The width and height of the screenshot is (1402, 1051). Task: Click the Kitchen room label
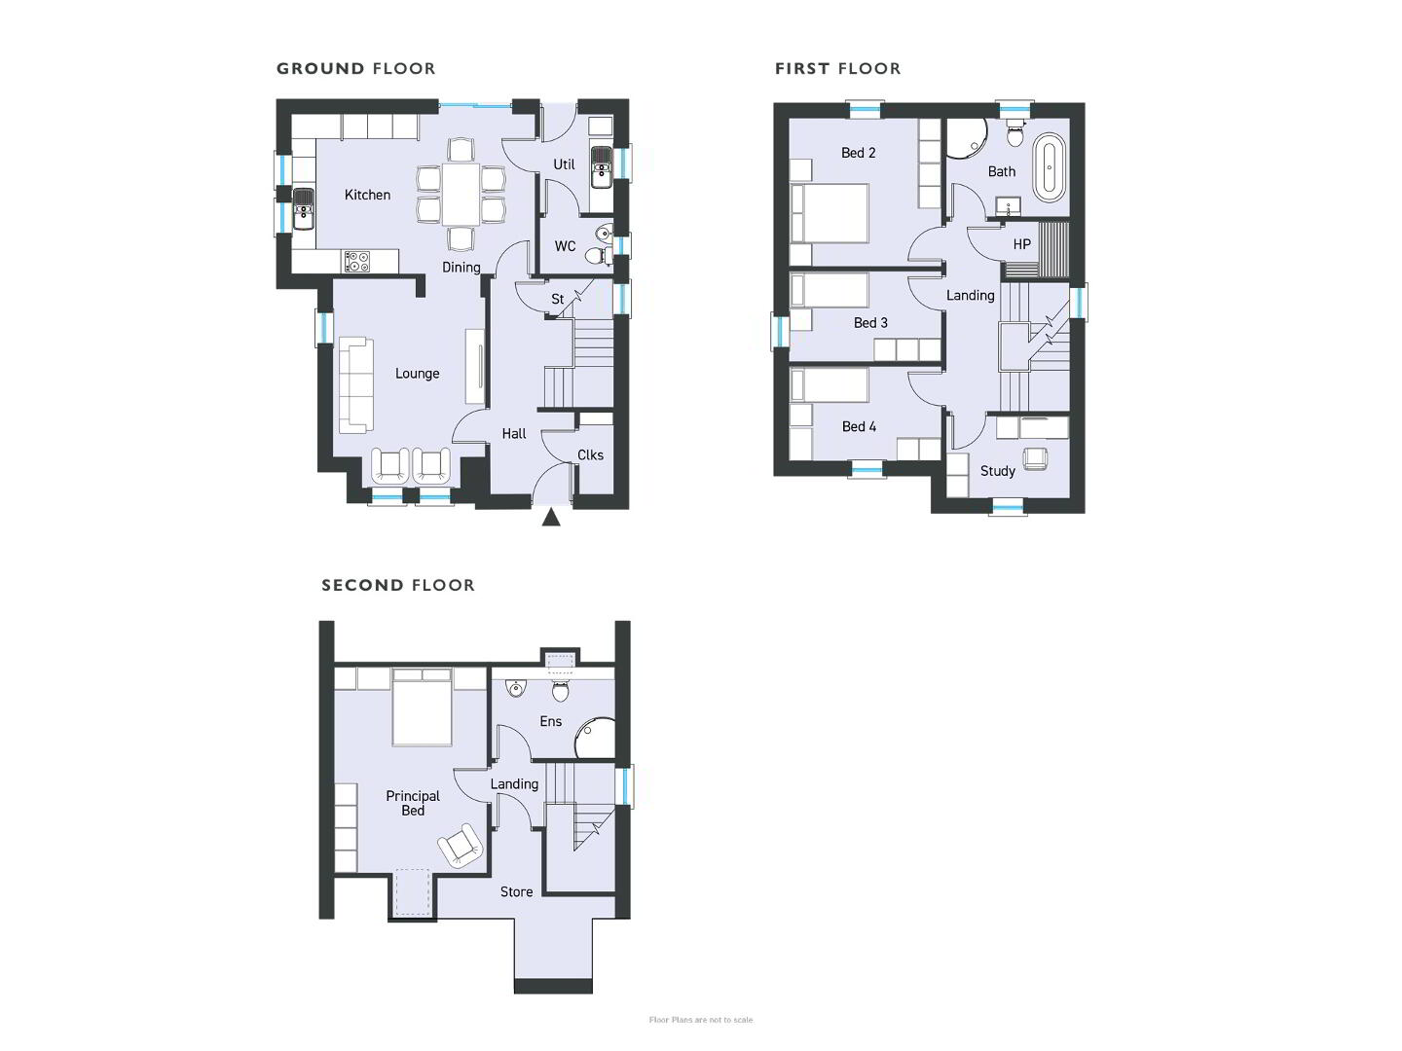[x=367, y=195]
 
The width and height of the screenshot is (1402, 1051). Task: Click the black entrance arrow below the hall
[x=551, y=518]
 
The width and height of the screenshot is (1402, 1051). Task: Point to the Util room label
[x=564, y=164]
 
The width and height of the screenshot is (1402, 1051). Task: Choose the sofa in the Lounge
[x=355, y=385]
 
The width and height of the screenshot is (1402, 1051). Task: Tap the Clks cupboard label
[x=590, y=455]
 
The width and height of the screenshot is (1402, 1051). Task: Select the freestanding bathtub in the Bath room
[x=1050, y=167]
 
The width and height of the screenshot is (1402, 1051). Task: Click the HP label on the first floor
[x=1021, y=244]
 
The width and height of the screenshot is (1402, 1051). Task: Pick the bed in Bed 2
[x=830, y=213]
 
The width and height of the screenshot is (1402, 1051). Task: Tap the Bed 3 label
[x=870, y=323]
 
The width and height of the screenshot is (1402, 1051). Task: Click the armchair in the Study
[x=1034, y=458]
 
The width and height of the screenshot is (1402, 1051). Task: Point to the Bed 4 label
[x=859, y=427]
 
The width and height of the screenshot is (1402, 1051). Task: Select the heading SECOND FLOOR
[x=398, y=585]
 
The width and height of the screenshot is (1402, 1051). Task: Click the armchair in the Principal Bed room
[x=460, y=845]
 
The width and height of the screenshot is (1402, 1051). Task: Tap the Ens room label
[x=551, y=721]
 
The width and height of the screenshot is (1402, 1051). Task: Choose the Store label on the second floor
[x=516, y=892]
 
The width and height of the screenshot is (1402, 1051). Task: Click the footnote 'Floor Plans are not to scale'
[x=701, y=1020]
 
